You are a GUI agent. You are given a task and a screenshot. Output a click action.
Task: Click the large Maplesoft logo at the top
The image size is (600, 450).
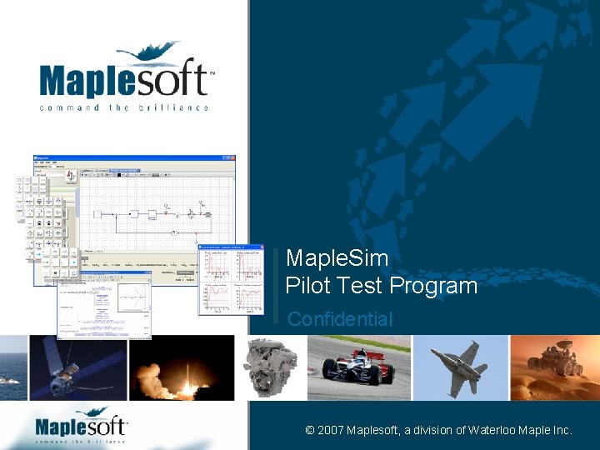point(125,75)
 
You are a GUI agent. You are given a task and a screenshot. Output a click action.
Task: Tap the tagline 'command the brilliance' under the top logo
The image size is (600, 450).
point(125,107)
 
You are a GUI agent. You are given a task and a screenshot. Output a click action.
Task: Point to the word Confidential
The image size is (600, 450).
point(339,319)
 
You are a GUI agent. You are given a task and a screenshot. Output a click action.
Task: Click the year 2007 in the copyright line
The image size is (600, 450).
point(331,430)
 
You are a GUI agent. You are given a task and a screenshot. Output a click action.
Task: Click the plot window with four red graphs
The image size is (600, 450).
point(231,280)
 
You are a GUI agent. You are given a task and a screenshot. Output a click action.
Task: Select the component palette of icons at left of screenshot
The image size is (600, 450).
point(46,225)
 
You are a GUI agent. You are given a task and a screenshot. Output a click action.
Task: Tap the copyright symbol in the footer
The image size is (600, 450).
point(310,430)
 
